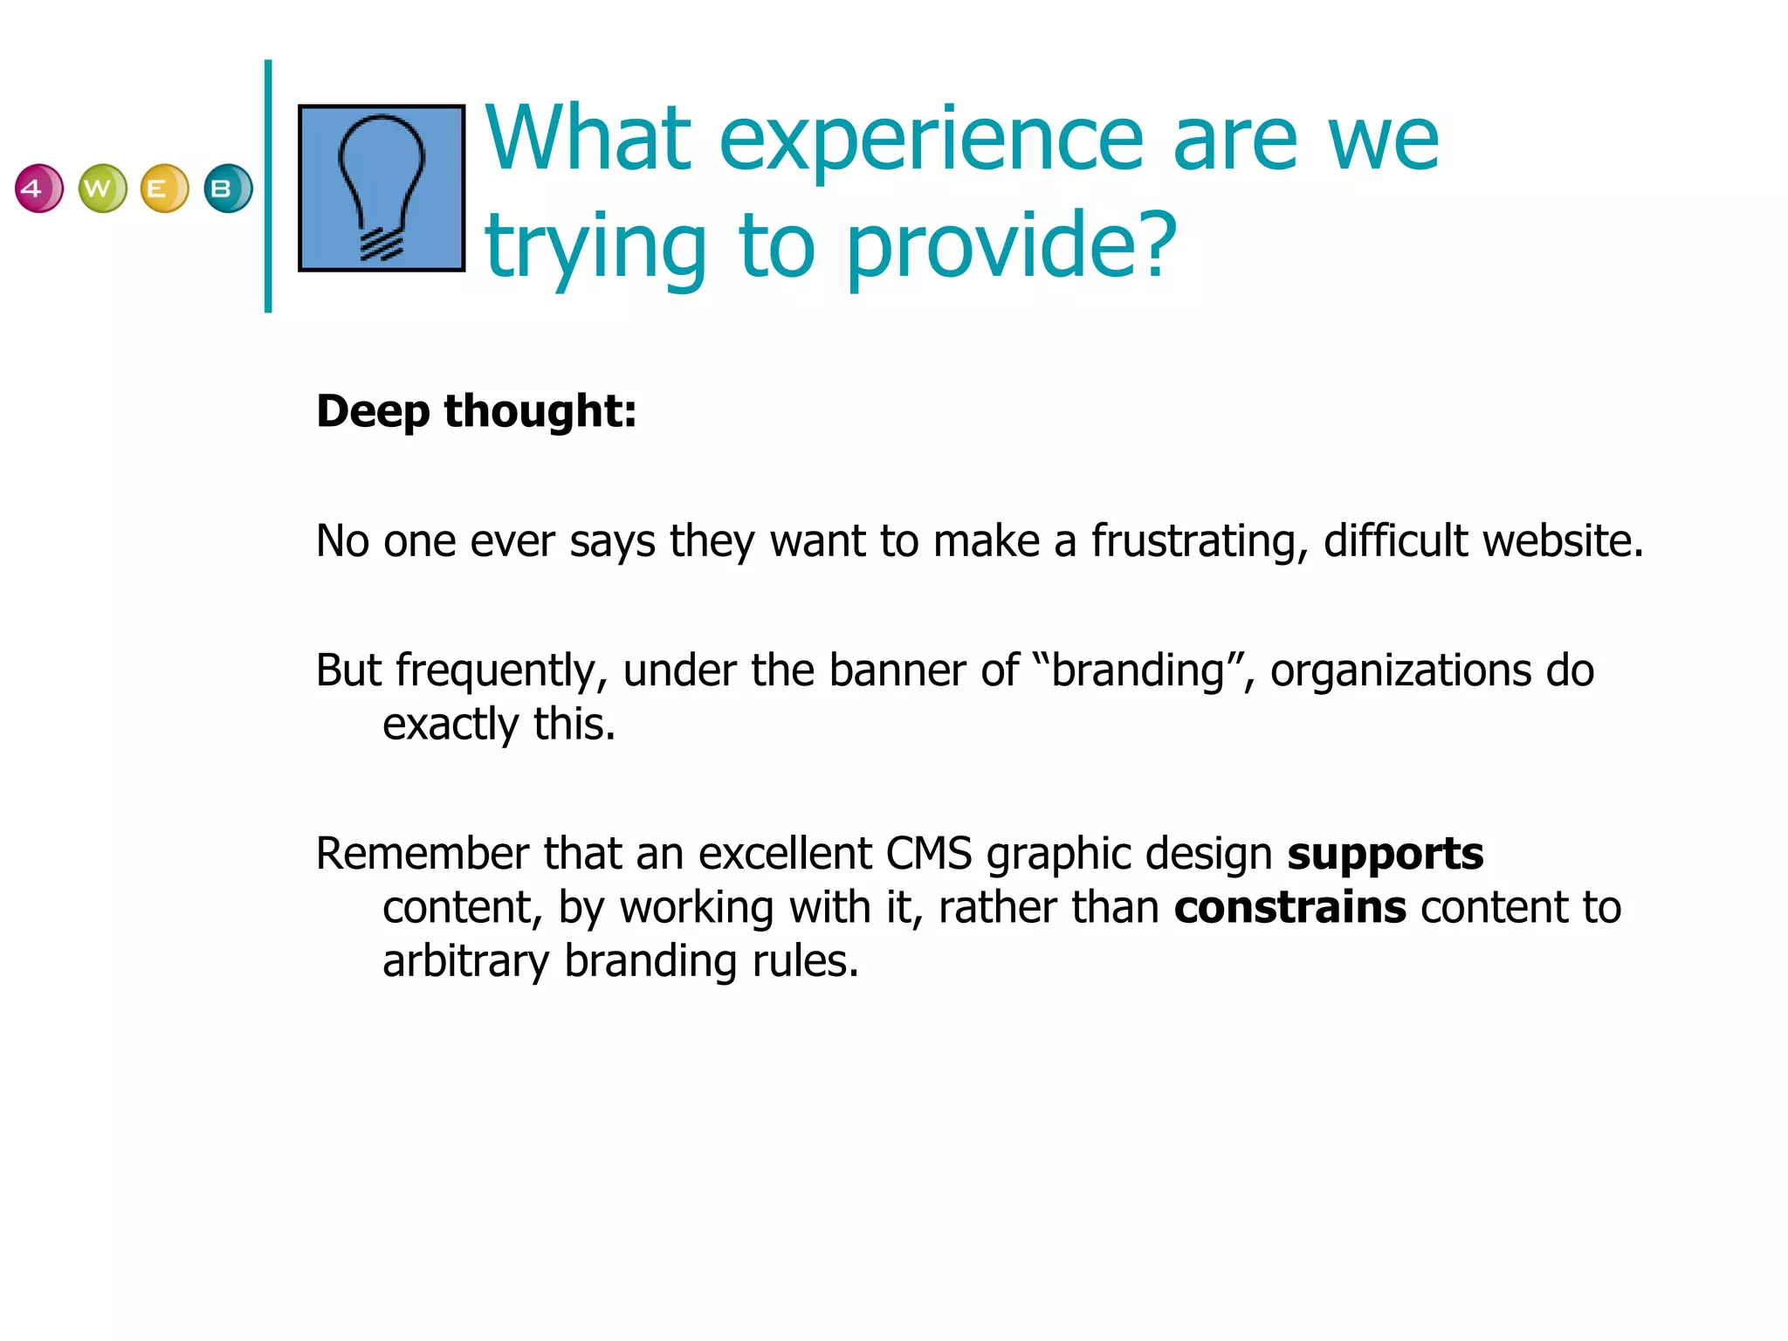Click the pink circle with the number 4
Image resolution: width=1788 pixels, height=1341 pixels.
point(39,189)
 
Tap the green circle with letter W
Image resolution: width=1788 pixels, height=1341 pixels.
point(102,189)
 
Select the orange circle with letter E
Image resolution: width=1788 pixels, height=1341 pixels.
point(164,189)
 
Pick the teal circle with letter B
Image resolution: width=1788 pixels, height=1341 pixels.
point(228,189)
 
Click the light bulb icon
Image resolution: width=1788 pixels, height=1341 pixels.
point(382,189)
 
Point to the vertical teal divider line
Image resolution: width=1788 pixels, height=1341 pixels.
point(268,186)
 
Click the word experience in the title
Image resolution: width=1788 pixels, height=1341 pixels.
point(931,140)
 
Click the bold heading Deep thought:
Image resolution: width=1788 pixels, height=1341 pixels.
point(477,411)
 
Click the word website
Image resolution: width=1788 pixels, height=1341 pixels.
point(1563,541)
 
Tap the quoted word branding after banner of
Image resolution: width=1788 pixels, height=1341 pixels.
point(1138,671)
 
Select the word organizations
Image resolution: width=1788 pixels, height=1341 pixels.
point(1400,671)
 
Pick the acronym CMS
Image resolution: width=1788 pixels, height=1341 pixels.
point(928,854)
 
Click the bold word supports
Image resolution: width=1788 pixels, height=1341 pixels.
point(1385,855)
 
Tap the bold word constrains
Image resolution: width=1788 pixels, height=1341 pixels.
point(1289,908)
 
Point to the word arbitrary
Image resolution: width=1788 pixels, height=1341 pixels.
point(465,961)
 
